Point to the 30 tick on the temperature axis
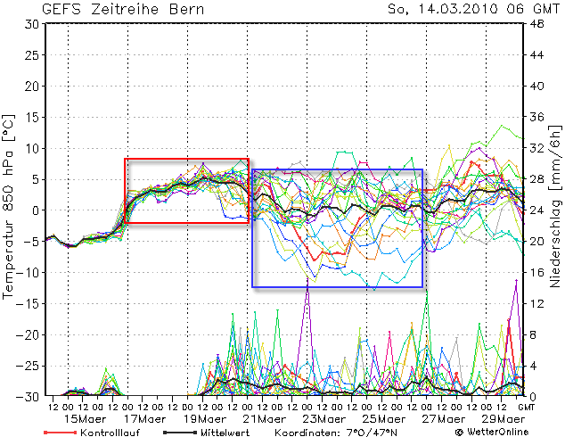[30, 24]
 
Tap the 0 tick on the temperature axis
[34, 210]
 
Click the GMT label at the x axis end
[528, 407]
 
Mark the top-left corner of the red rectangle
[125, 159]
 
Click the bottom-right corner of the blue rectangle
[422, 287]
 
